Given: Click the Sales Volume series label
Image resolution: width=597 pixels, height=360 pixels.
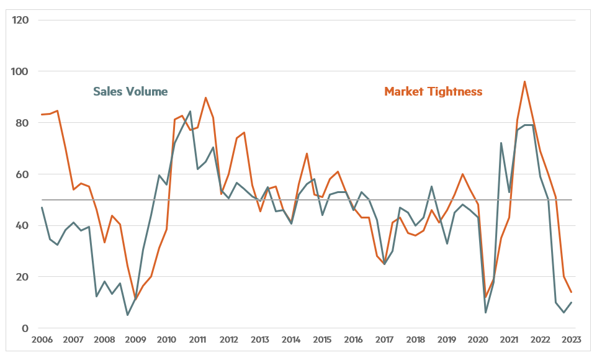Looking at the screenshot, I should coord(130,91).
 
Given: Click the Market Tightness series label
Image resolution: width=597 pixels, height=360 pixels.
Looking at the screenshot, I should coord(433,91).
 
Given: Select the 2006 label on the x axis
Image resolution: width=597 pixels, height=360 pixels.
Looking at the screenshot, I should coord(42,340).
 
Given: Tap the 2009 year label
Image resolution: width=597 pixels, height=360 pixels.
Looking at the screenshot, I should coord(135,340).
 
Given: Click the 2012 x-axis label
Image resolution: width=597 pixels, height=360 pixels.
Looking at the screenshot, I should coord(229,340).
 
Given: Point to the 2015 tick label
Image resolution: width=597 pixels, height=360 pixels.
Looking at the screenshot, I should coord(322,340).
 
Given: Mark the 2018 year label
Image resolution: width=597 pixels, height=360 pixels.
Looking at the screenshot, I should coord(415,340).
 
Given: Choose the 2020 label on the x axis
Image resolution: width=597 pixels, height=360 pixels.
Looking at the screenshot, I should coord(478,340).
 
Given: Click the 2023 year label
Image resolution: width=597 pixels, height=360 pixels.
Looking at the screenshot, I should coord(571,340).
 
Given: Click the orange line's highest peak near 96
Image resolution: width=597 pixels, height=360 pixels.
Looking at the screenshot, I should coord(525,81).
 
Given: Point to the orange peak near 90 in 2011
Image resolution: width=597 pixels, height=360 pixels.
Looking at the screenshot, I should coord(205,97).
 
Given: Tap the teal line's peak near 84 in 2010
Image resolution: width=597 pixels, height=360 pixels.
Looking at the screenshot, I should coord(190,112).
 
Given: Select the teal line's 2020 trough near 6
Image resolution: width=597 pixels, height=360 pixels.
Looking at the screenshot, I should coord(485,312).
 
